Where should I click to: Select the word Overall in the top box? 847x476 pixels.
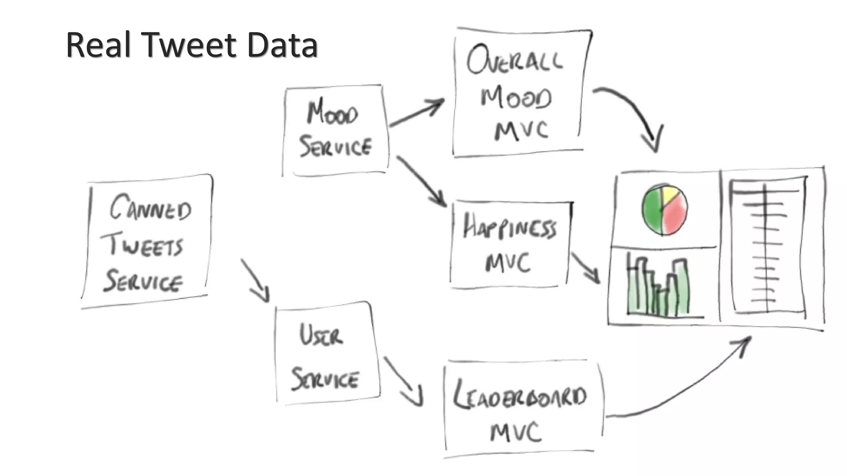[514, 61]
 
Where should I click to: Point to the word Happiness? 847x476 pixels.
[510, 227]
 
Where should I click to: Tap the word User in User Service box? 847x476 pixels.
[321, 335]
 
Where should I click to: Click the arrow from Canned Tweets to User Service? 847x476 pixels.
[255, 281]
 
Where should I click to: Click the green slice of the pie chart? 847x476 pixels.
[652, 211]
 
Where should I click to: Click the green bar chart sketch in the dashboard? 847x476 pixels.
[658, 289]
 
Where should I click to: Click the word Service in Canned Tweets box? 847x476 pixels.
[143, 282]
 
